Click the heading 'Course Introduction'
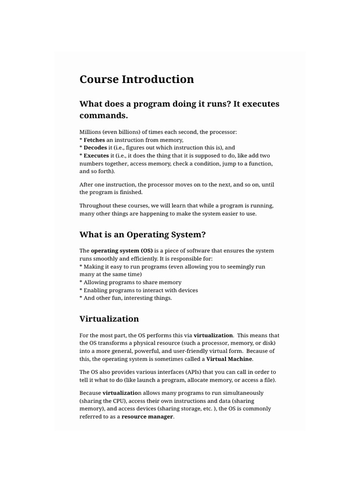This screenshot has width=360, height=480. [136, 79]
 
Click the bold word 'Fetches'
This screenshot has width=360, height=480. [94, 140]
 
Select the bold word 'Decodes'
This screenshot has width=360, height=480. [95, 148]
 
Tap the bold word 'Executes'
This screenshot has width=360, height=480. [96, 156]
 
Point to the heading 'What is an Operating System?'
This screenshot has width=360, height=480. [142, 234]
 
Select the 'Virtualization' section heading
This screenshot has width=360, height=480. [109, 319]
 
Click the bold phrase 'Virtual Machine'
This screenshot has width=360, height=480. [229, 359]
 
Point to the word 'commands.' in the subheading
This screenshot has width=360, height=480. [104, 115]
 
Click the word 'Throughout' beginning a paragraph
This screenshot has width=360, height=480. [96, 206]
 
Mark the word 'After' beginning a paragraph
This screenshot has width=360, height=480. [87, 185]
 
